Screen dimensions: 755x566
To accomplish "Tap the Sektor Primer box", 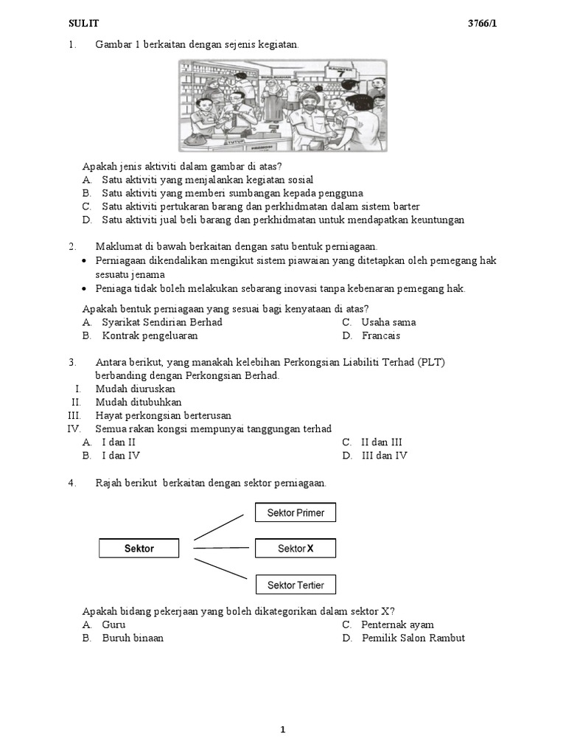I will tap(295, 512).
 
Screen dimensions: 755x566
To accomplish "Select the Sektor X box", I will tap(295, 549).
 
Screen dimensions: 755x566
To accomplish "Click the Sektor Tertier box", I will tap(295, 585).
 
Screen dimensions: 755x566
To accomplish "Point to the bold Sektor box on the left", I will tap(139, 549).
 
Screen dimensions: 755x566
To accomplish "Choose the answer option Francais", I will tap(380, 335).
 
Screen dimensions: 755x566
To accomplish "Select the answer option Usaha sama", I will tap(388, 322).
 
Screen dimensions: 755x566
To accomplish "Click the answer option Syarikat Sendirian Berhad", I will tap(161, 322).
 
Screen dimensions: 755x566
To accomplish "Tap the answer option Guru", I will tap(113, 624).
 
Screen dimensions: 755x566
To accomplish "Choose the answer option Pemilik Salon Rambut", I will tap(413, 638).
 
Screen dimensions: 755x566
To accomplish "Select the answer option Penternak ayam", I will tap(397, 624).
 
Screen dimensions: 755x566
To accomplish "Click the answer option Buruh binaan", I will tap(133, 638).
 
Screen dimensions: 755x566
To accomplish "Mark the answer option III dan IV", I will tap(384, 456).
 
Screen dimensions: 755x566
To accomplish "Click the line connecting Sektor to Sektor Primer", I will tap(219, 527).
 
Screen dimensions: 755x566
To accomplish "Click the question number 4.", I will tap(72, 483).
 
